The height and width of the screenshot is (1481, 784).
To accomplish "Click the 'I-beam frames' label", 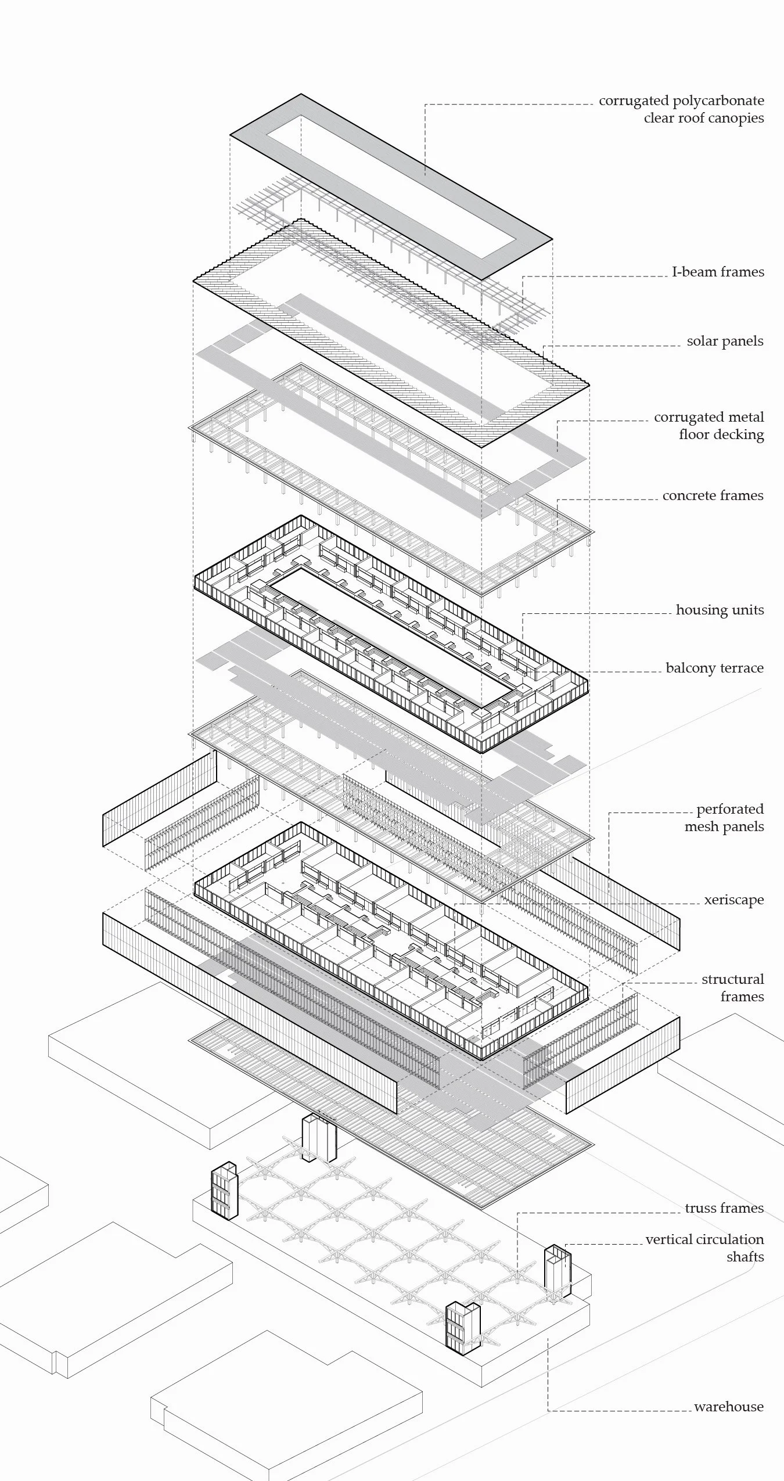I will point(718,272).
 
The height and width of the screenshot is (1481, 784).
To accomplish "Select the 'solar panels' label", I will point(725,341).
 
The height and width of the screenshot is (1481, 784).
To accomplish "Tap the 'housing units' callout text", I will point(720,610).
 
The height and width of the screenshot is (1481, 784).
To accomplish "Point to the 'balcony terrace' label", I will point(714,668).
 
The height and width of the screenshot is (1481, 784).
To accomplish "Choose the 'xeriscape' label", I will point(733,900).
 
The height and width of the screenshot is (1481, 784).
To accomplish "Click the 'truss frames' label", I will point(724,1208).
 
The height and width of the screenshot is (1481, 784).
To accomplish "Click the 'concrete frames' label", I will point(713,495).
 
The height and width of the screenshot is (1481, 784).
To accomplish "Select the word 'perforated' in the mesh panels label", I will point(730,809).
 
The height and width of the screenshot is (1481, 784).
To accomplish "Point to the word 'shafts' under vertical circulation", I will point(745,1257).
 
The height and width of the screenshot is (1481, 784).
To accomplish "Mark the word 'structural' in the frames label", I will point(732,979).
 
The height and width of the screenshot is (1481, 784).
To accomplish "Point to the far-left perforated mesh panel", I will point(159,799).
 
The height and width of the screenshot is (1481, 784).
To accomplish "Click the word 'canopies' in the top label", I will point(735,118).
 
